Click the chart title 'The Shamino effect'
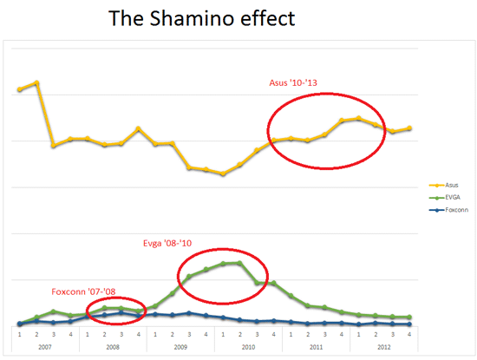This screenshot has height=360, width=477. point(214,17)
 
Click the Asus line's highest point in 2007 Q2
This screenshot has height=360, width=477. point(36,82)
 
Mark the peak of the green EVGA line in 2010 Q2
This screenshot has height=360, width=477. point(238,262)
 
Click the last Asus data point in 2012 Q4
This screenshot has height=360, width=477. point(408,128)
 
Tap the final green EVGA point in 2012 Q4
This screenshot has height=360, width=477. point(408,317)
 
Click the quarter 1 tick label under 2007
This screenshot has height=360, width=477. point(19,333)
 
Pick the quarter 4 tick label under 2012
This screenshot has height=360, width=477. point(408,333)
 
